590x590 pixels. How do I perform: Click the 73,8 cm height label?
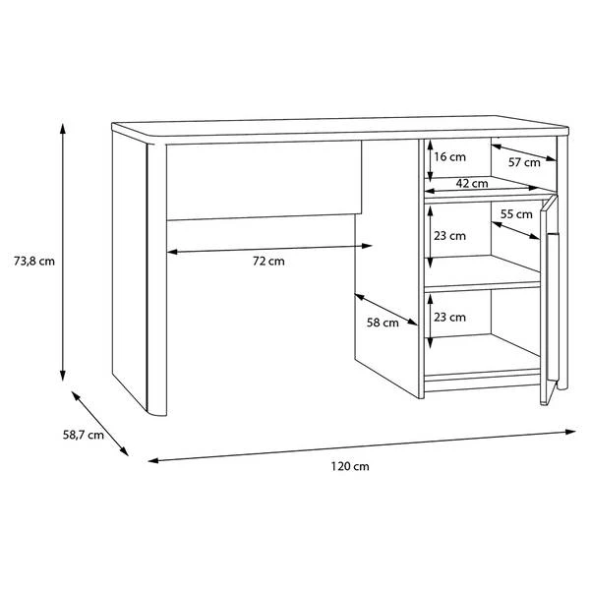click(x=34, y=261)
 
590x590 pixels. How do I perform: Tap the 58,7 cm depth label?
click(x=84, y=435)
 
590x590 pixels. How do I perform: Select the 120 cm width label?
click(x=350, y=466)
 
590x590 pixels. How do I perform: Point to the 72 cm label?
click(x=268, y=262)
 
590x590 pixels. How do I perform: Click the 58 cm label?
click(x=383, y=323)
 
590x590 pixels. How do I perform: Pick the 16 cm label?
click(x=449, y=157)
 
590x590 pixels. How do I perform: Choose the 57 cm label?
click(x=524, y=162)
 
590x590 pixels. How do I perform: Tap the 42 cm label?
click(x=472, y=184)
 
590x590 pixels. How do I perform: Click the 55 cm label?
click(x=516, y=214)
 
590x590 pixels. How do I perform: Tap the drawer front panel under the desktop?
click(x=264, y=181)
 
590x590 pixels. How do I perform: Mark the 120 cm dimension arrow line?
click(x=362, y=446)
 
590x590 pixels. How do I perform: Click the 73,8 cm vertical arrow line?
click(x=63, y=252)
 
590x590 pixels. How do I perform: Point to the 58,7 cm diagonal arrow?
click(x=99, y=424)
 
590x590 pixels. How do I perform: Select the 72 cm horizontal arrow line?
click(x=269, y=249)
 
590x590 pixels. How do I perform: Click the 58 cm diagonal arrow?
click(x=386, y=310)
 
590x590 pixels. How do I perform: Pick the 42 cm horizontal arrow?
click(x=481, y=189)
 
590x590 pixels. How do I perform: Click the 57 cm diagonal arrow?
click(x=524, y=152)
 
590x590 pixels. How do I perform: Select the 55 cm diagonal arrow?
click(x=515, y=230)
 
